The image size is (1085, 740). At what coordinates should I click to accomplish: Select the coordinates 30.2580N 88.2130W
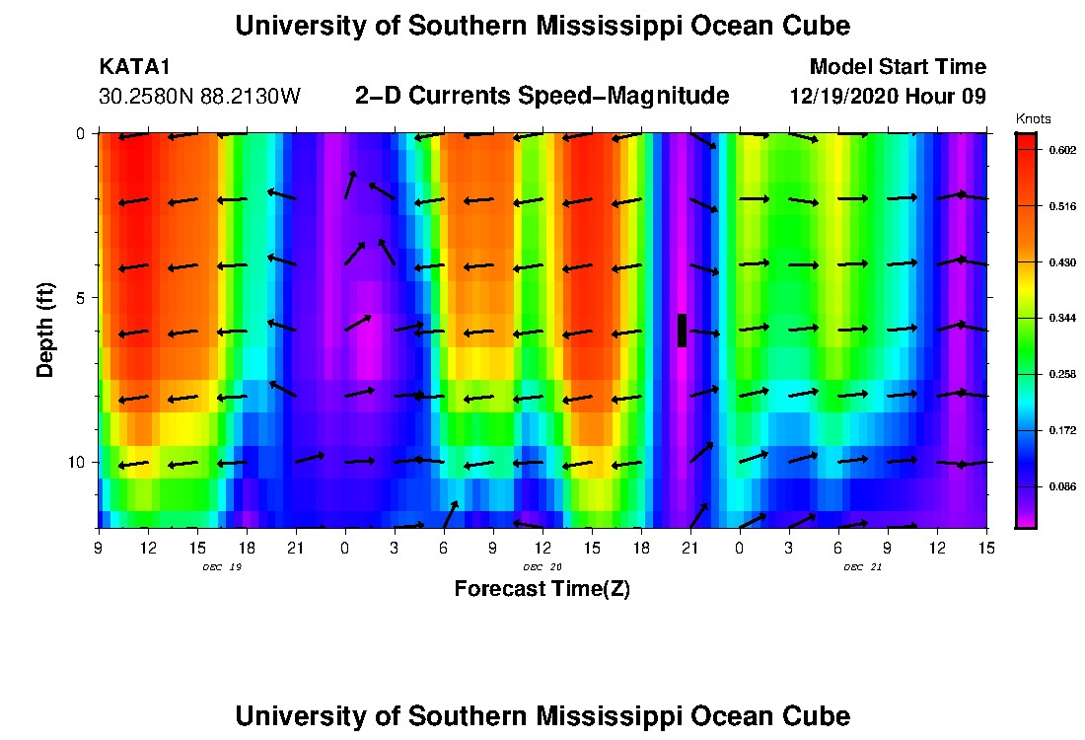(x=199, y=97)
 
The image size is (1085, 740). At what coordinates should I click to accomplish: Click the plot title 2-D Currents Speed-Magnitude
(x=542, y=96)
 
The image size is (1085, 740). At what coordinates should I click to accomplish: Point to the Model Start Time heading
(x=897, y=67)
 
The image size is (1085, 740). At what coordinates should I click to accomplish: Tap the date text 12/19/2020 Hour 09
(x=888, y=97)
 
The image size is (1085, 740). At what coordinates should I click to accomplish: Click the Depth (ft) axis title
(x=45, y=331)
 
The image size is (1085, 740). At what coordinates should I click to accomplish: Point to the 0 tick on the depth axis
(x=80, y=133)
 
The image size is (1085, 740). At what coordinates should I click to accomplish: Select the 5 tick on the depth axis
(x=80, y=297)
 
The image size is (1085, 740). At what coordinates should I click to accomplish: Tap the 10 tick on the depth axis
(x=76, y=462)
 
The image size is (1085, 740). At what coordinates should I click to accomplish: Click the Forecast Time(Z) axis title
(x=542, y=589)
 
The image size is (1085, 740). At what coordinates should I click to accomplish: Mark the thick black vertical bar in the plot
(x=682, y=331)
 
